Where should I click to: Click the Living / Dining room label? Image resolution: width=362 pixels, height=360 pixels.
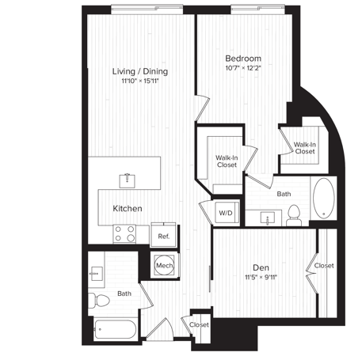(x=139, y=71)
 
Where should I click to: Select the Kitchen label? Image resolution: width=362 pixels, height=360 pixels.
(x=127, y=208)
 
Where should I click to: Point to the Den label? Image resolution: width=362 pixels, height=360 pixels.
(x=261, y=267)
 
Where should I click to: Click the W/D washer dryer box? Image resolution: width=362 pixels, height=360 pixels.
(x=226, y=212)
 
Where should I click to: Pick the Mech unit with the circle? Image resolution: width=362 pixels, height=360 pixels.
(x=164, y=266)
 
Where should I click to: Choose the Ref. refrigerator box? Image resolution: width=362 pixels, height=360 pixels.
(x=163, y=236)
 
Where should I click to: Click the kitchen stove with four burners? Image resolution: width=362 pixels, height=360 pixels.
(x=125, y=233)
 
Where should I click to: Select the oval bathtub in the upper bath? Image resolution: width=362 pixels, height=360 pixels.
(x=323, y=199)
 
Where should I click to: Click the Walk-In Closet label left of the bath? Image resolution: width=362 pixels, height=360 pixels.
(x=227, y=161)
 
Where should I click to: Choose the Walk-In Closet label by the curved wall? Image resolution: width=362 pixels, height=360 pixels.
(x=305, y=147)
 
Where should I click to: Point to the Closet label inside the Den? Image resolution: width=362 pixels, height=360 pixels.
(x=323, y=266)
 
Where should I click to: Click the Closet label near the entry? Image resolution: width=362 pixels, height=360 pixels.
(x=199, y=324)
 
